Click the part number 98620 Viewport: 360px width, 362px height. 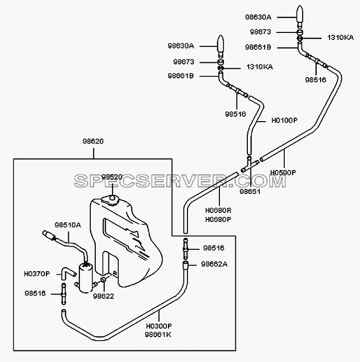(x=93, y=141)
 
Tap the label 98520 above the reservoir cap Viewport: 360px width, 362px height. (x=112, y=177)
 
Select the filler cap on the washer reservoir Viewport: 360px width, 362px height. (x=110, y=200)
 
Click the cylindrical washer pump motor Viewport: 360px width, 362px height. (x=86, y=278)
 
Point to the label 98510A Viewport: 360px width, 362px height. (x=68, y=225)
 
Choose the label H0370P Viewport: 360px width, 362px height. (x=37, y=274)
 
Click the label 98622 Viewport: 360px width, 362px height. (x=103, y=296)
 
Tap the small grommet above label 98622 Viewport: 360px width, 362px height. (x=103, y=280)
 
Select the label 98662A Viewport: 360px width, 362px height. (x=214, y=264)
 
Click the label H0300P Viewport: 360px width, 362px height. (x=159, y=326)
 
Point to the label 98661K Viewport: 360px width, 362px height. (x=158, y=335)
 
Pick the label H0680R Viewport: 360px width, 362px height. (x=218, y=210)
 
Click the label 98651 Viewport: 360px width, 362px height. (x=250, y=191)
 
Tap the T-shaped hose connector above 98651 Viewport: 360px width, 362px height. (x=249, y=165)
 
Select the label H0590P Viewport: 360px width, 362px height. (x=283, y=173)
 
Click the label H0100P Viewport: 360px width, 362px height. (x=284, y=120)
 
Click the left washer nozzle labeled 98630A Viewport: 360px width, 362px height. (x=221, y=46)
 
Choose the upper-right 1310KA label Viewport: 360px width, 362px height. (x=341, y=37)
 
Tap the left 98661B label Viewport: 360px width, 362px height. (x=181, y=76)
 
